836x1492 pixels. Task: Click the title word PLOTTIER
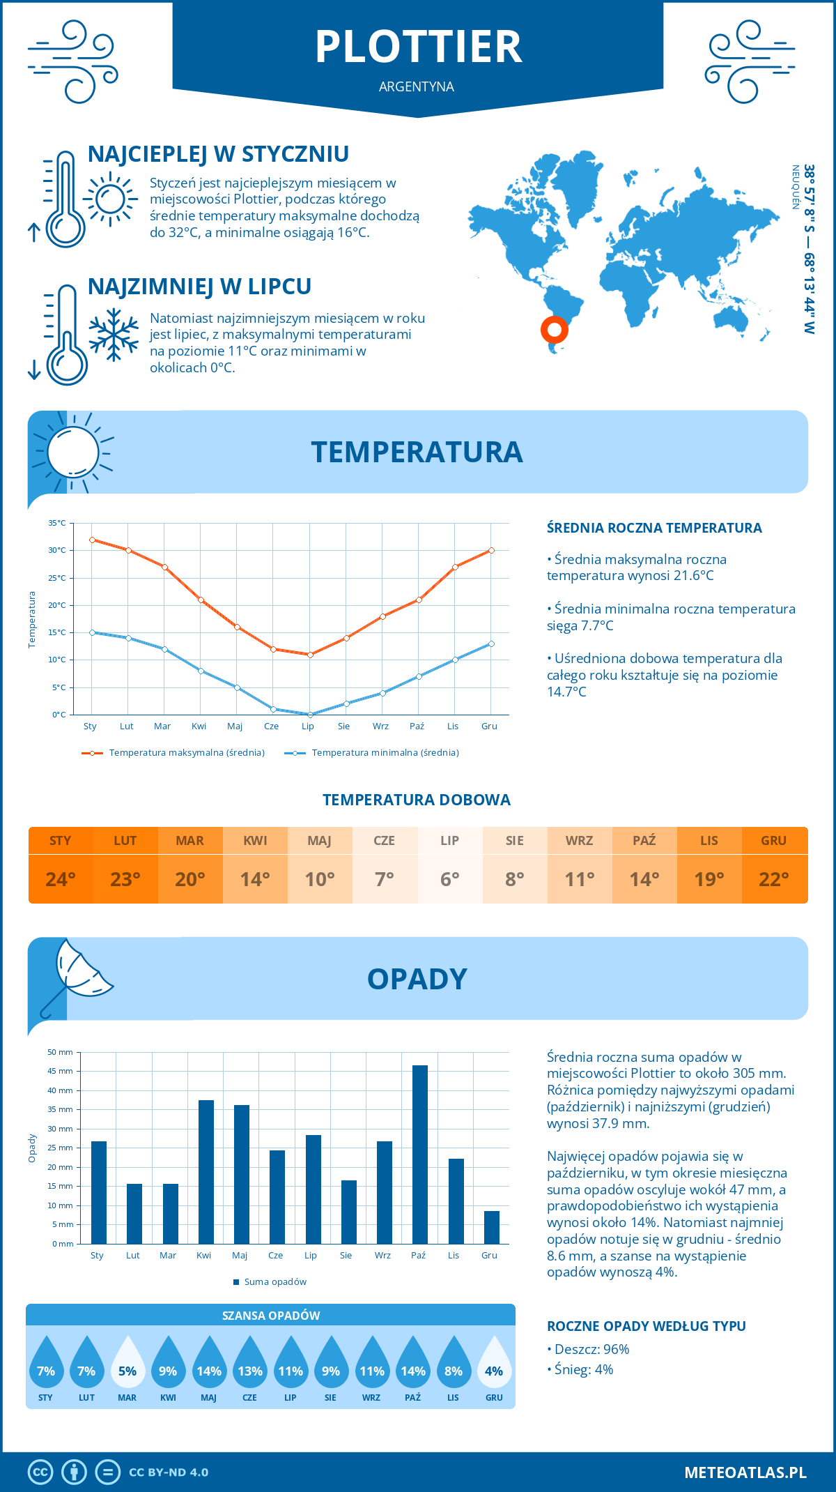coord(418,47)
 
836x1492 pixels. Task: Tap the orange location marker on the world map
coord(555,329)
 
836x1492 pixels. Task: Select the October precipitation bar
coord(419,1154)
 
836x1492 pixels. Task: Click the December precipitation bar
coord(491,1227)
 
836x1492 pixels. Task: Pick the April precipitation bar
coord(206,1171)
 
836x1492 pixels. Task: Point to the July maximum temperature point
coord(310,655)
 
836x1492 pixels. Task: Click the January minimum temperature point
coord(92,632)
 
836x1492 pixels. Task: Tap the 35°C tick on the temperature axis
coord(58,523)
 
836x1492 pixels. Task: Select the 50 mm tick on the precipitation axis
coord(61,1052)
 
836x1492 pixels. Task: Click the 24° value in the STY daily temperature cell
coord(61,879)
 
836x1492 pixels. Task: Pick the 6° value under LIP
coord(449,879)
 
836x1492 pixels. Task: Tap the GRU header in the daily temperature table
coord(773,841)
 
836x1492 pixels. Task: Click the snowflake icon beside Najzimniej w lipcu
coord(114,335)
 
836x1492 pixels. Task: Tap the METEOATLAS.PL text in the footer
coord(745,1472)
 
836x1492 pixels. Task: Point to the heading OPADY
coord(417,979)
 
